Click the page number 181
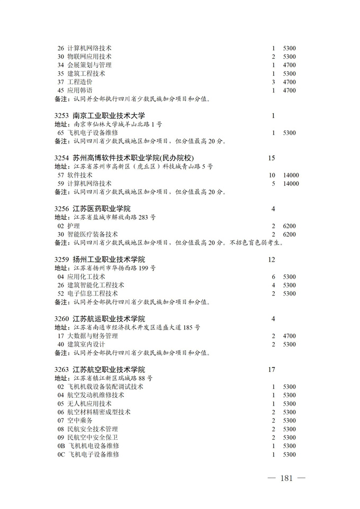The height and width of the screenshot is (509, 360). [287, 478]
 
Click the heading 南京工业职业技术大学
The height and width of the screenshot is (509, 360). [109, 115]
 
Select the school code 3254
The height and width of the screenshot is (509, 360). [62, 158]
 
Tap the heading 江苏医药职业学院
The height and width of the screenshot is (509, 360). [101, 209]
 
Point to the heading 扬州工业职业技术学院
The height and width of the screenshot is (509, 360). [109, 260]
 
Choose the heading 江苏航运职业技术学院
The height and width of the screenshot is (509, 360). [109, 319]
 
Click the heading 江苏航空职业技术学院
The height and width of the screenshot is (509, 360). [109, 370]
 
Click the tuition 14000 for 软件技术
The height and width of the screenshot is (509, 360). [291, 175]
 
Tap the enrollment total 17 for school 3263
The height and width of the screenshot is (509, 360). [272, 370]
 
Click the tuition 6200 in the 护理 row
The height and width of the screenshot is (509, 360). [289, 226]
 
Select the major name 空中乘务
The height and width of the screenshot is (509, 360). [80, 421]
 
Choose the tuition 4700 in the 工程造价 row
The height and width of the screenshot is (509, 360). [289, 82]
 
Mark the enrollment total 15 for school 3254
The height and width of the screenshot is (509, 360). [272, 158]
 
